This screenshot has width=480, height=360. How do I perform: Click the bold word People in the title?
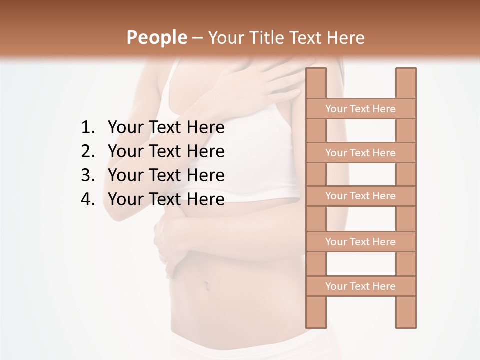156,37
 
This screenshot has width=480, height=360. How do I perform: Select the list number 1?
88,128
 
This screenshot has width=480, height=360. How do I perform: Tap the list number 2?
88,151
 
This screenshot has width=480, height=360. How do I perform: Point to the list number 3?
88,175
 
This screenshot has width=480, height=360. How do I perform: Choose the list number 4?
88,199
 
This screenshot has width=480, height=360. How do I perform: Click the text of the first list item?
166,128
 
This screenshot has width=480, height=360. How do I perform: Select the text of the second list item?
166,151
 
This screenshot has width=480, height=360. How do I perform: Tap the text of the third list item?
166,175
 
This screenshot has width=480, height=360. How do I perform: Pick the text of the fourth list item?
166,199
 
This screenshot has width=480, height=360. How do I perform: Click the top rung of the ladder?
360,109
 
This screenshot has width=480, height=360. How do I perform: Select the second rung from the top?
360,153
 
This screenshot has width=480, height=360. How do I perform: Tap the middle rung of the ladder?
360,196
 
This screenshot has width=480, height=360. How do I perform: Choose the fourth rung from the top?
360,242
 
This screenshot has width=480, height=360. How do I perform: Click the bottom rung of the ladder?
360,286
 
